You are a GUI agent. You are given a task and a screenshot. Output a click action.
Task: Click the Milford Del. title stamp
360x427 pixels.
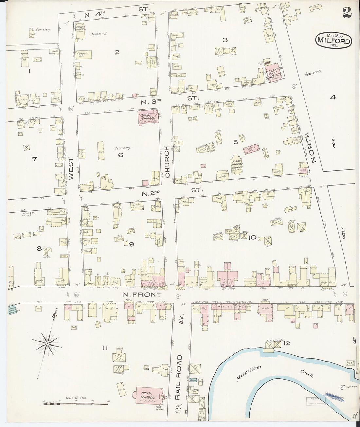[334, 40]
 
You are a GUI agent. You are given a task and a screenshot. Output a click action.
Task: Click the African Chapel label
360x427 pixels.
[80, 29]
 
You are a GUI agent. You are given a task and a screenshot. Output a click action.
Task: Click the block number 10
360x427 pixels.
[252, 237]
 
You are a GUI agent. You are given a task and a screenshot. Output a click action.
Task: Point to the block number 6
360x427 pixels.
[120, 155]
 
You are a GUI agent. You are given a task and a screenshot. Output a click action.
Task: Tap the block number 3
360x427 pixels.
[225, 40]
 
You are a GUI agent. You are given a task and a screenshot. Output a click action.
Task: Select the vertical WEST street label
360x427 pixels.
[71, 168]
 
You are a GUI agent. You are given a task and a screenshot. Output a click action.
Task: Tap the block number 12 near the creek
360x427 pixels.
[287, 343]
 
